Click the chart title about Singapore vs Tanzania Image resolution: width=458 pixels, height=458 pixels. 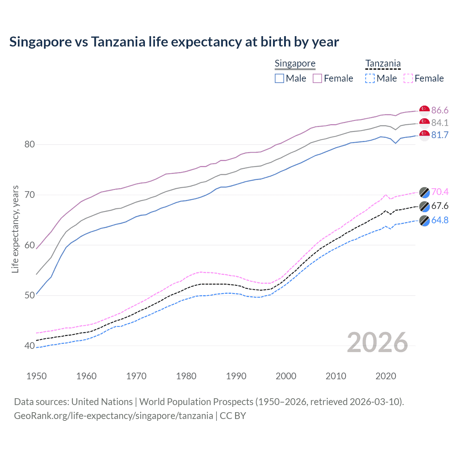pos(174,42)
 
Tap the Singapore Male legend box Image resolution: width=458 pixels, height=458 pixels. pos(279,78)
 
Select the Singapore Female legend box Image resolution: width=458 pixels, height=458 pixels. pos(317,78)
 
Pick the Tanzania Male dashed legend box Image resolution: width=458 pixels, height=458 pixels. pos(370,78)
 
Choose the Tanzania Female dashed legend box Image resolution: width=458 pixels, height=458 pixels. pos(408,78)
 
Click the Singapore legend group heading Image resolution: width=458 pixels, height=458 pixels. pos(295,63)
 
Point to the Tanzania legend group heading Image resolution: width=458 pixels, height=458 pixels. pos(383,63)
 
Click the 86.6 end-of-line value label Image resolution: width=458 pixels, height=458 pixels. pos(440,110)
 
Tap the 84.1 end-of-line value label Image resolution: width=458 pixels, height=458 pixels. pos(440,123)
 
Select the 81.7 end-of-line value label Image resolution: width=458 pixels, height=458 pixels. pos(440,135)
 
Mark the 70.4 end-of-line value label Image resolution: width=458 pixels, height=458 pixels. pos(440,192)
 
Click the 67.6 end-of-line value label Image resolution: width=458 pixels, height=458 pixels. pos(440,206)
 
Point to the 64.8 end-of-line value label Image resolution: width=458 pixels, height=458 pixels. pos(440,220)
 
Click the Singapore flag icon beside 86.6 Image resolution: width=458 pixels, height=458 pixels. pos(424,110)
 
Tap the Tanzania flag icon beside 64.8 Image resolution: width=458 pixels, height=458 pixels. pos(424,220)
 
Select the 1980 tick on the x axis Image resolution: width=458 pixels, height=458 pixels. pos(186,376)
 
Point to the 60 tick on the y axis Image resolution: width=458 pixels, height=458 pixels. pos(29,245)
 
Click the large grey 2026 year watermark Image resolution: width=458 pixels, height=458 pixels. pos(377,342)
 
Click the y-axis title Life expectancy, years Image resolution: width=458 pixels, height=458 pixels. pos(15,229)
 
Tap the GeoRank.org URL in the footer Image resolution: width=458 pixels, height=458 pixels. pos(113,416)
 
